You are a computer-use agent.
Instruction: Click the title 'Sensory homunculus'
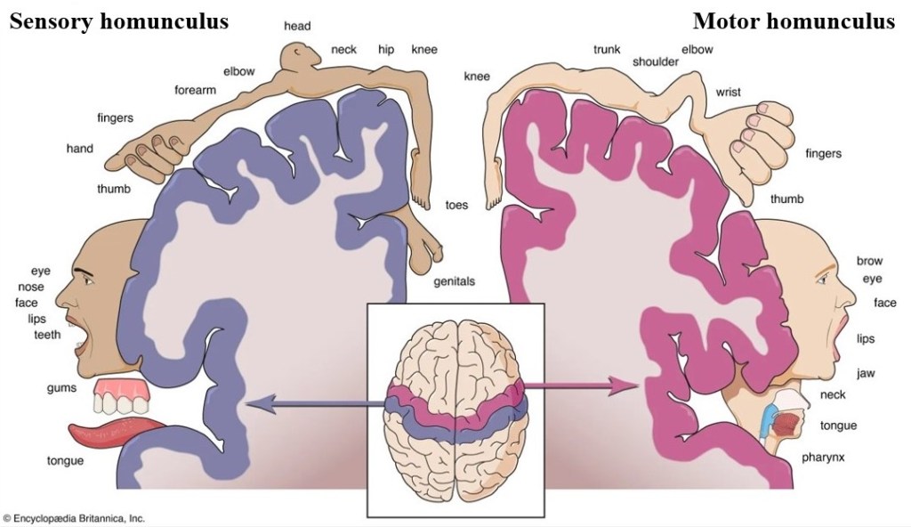coord(118,21)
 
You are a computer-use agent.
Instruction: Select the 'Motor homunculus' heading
coord(794,21)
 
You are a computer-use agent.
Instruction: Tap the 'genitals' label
coord(454,281)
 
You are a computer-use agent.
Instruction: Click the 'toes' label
coord(456,205)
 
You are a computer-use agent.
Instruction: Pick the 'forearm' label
coord(195,89)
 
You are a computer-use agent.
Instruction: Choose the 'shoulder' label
coord(656,61)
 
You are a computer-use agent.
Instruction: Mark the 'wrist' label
coord(728,92)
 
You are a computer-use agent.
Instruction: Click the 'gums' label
coord(61,388)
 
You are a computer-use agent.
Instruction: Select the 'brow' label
coord(869,261)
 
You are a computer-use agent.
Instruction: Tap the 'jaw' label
coord(866,373)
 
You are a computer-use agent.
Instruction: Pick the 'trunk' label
coord(607,49)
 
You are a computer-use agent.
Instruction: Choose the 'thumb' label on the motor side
coord(786,199)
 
